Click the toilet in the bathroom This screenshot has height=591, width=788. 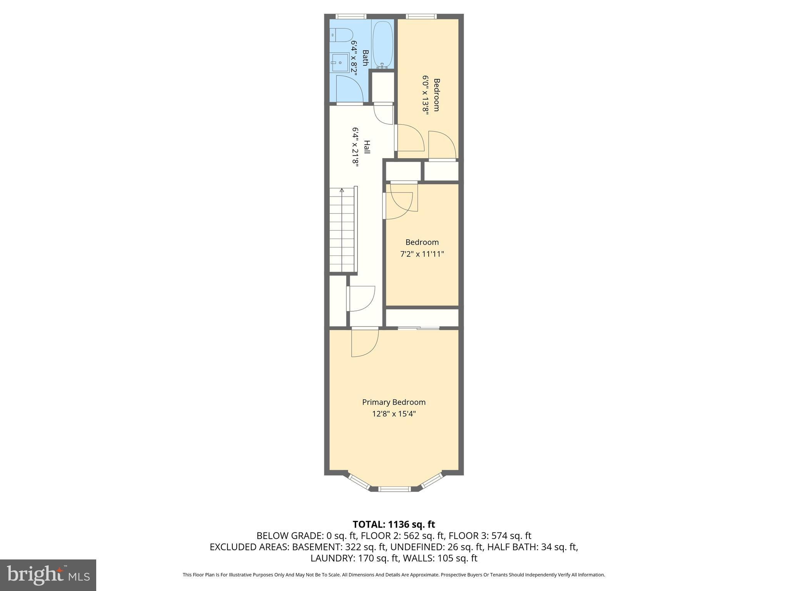pyautogui.click(x=342, y=35)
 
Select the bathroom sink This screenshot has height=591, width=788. pyautogui.click(x=339, y=62)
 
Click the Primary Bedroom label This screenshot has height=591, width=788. pyautogui.click(x=394, y=402)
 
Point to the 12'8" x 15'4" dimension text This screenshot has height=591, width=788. pyautogui.click(x=394, y=414)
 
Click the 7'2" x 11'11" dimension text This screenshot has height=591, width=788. pyautogui.click(x=422, y=254)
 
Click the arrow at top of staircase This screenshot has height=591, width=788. pyautogui.click(x=342, y=190)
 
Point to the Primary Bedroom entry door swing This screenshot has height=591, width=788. pyautogui.click(x=364, y=343)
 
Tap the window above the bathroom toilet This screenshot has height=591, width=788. pyautogui.click(x=351, y=17)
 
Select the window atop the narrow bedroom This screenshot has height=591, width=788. pyautogui.click(x=421, y=17)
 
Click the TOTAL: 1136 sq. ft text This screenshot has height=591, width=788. pyautogui.click(x=394, y=524)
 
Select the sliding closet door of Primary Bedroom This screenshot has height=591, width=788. pyautogui.click(x=419, y=328)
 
